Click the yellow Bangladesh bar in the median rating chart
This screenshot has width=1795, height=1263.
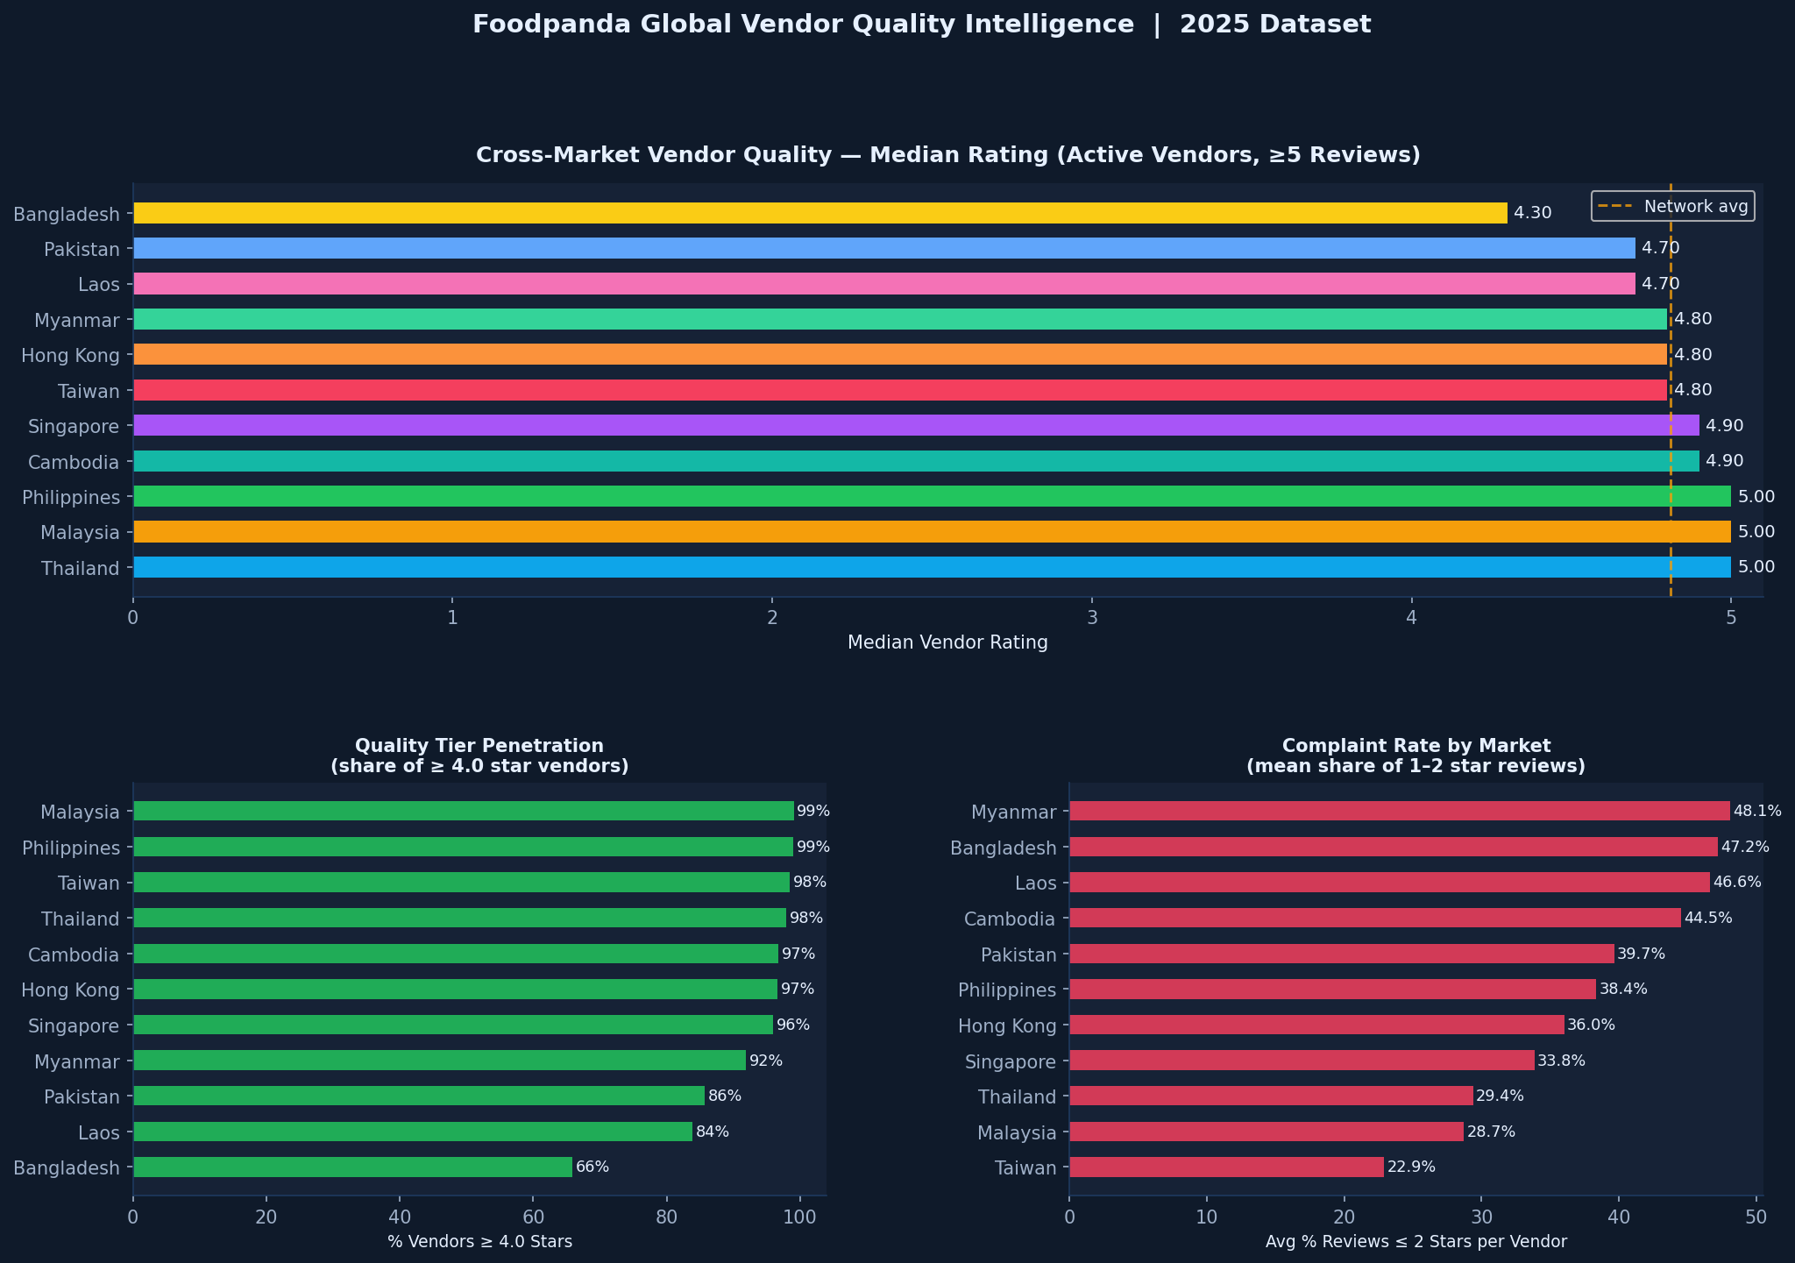pos(819,213)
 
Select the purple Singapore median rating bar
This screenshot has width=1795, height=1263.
pos(916,426)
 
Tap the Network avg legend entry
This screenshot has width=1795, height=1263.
pos(1672,207)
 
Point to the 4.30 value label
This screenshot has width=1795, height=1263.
pos(1532,213)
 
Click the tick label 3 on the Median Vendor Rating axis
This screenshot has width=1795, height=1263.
pos(1092,617)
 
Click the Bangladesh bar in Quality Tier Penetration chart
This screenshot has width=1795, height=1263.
pos(352,1167)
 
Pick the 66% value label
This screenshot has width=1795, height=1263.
pos(592,1167)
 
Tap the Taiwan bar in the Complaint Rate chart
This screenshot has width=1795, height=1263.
pos(1226,1167)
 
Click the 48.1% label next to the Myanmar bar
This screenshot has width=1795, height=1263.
pos(1757,811)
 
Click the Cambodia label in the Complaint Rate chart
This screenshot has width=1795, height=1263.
pos(1009,919)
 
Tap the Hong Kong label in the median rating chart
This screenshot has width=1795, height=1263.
pos(72,355)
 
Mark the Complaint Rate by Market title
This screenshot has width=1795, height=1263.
pos(1415,746)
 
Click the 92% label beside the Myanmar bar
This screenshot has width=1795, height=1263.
pos(766,1061)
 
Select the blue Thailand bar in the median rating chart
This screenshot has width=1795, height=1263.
pos(932,567)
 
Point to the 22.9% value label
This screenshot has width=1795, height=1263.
pos(1411,1167)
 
